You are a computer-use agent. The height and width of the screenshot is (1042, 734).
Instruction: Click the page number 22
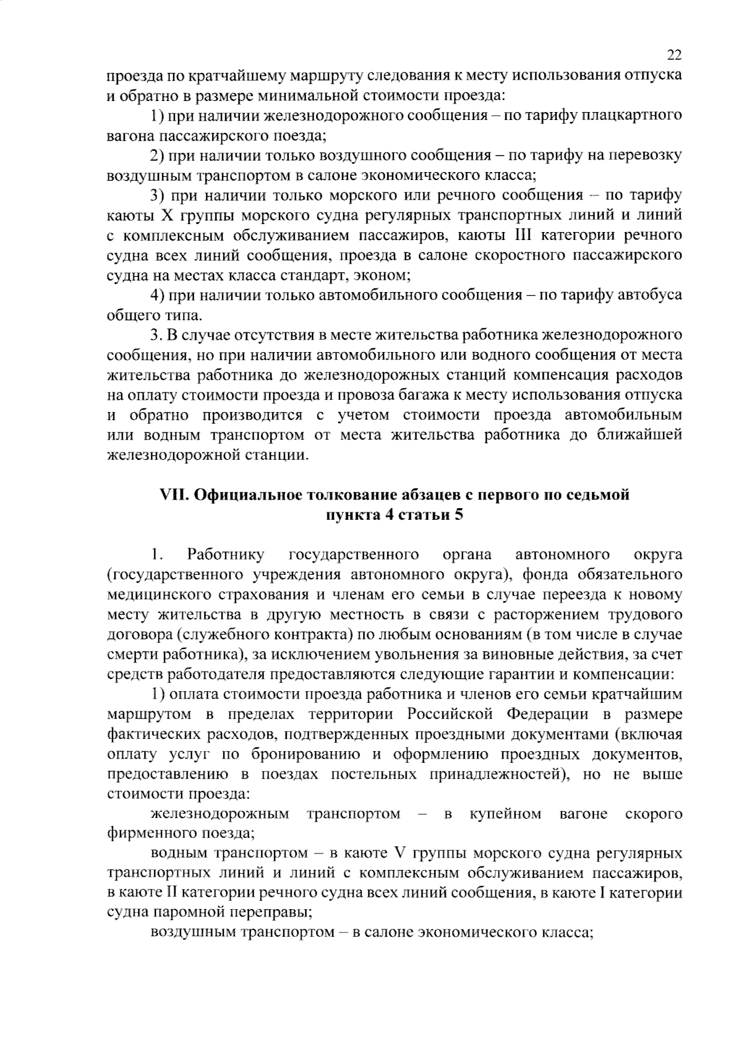point(674,55)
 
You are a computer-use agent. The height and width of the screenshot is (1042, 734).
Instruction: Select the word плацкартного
point(636,115)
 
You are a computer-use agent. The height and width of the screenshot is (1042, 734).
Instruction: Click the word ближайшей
point(643,435)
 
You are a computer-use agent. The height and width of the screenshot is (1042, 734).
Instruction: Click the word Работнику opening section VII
point(226,555)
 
